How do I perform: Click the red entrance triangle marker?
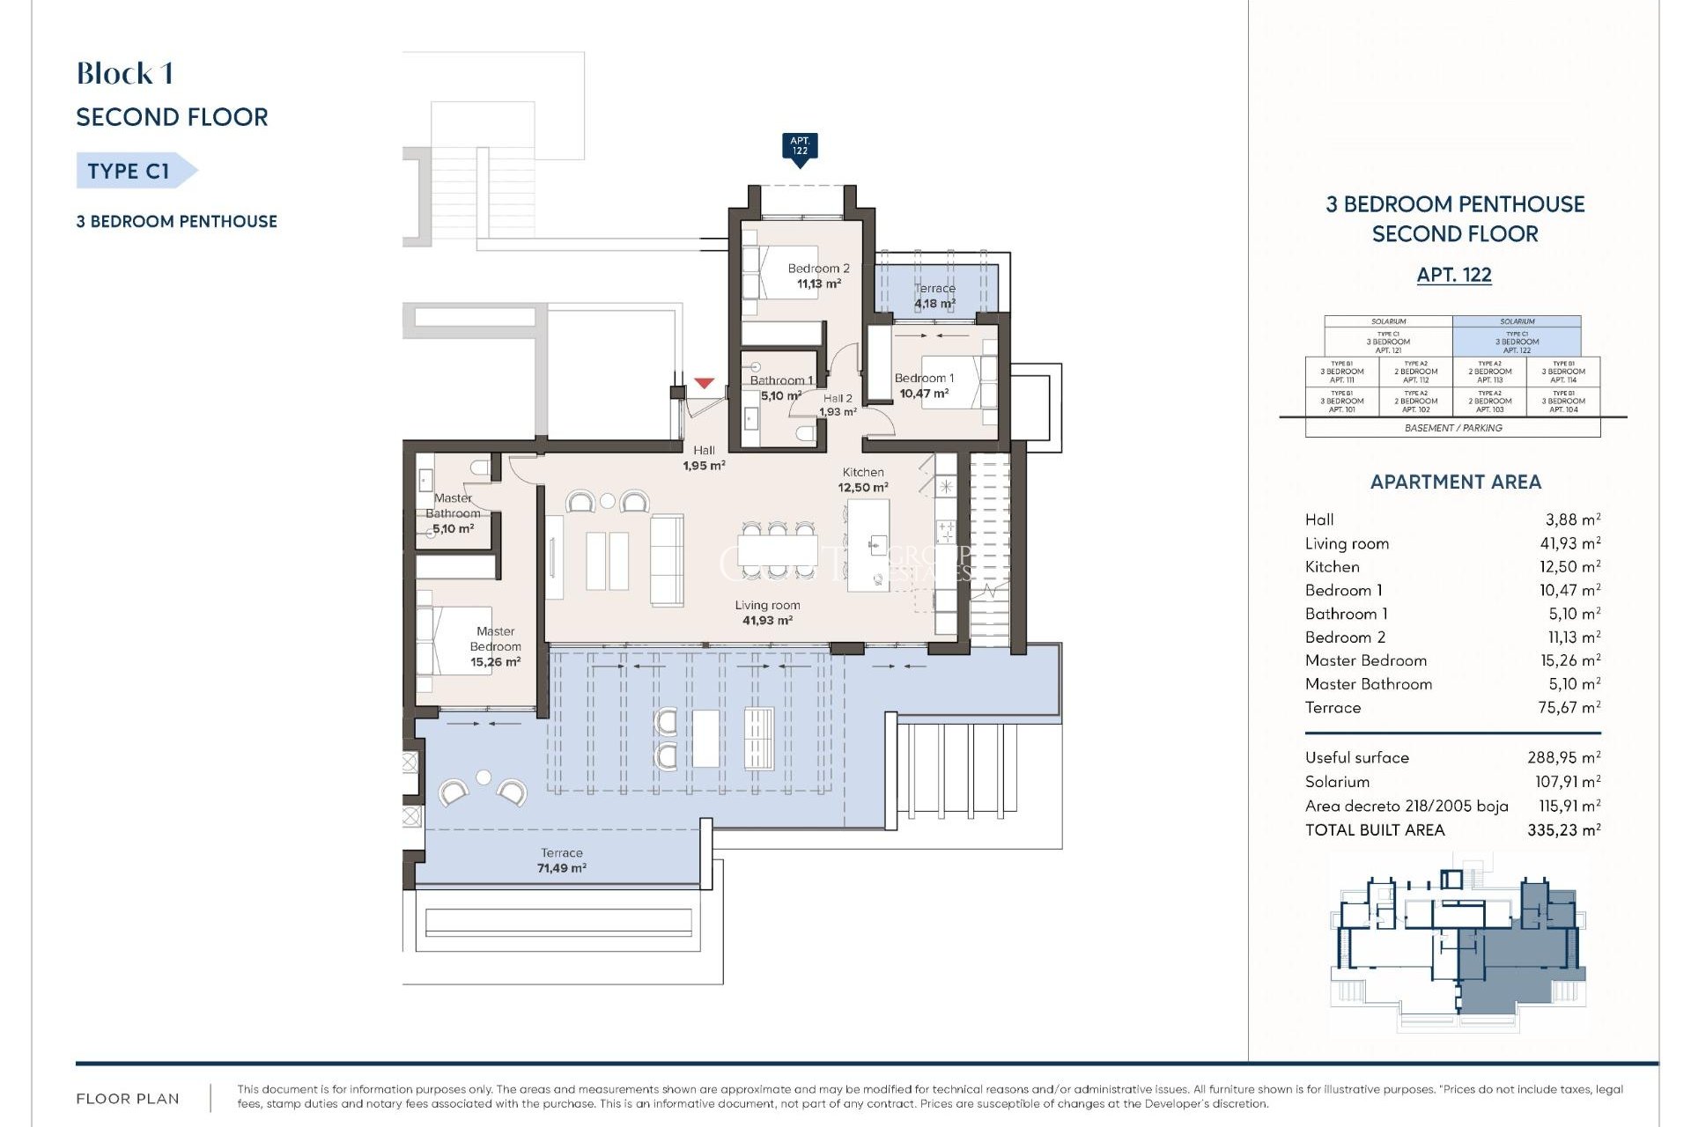[703, 383]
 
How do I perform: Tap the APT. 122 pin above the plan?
[800, 147]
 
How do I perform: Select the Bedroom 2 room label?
[818, 276]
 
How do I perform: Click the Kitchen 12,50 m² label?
[862, 480]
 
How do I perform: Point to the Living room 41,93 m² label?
[767, 613]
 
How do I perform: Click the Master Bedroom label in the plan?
[495, 646]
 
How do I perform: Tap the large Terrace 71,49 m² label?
[561, 860]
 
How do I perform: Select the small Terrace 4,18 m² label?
[934, 296]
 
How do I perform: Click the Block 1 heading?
[124, 73]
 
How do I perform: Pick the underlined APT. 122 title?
[1454, 275]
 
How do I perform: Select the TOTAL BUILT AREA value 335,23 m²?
[1563, 829]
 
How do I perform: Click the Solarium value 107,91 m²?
[1567, 781]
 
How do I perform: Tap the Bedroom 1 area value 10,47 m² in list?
[1569, 590]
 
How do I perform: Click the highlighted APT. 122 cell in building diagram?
[1517, 341]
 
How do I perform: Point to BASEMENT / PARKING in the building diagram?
[1453, 428]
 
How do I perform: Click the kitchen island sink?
[875, 545]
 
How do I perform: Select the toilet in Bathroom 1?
[804, 433]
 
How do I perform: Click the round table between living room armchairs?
[607, 501]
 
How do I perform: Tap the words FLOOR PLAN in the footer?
[128, 1098]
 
